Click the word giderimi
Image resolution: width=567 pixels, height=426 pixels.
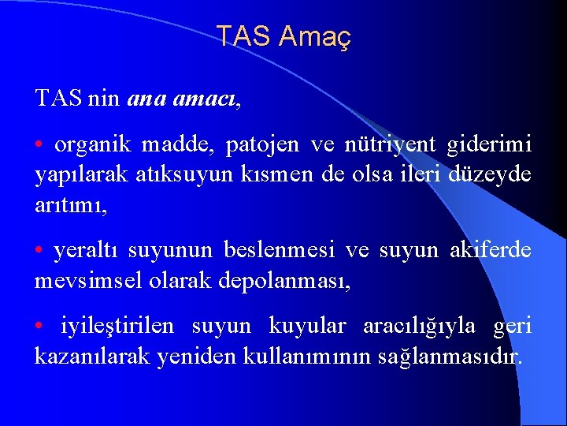[489, 146]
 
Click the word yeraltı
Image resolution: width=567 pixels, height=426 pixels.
[86, 252]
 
